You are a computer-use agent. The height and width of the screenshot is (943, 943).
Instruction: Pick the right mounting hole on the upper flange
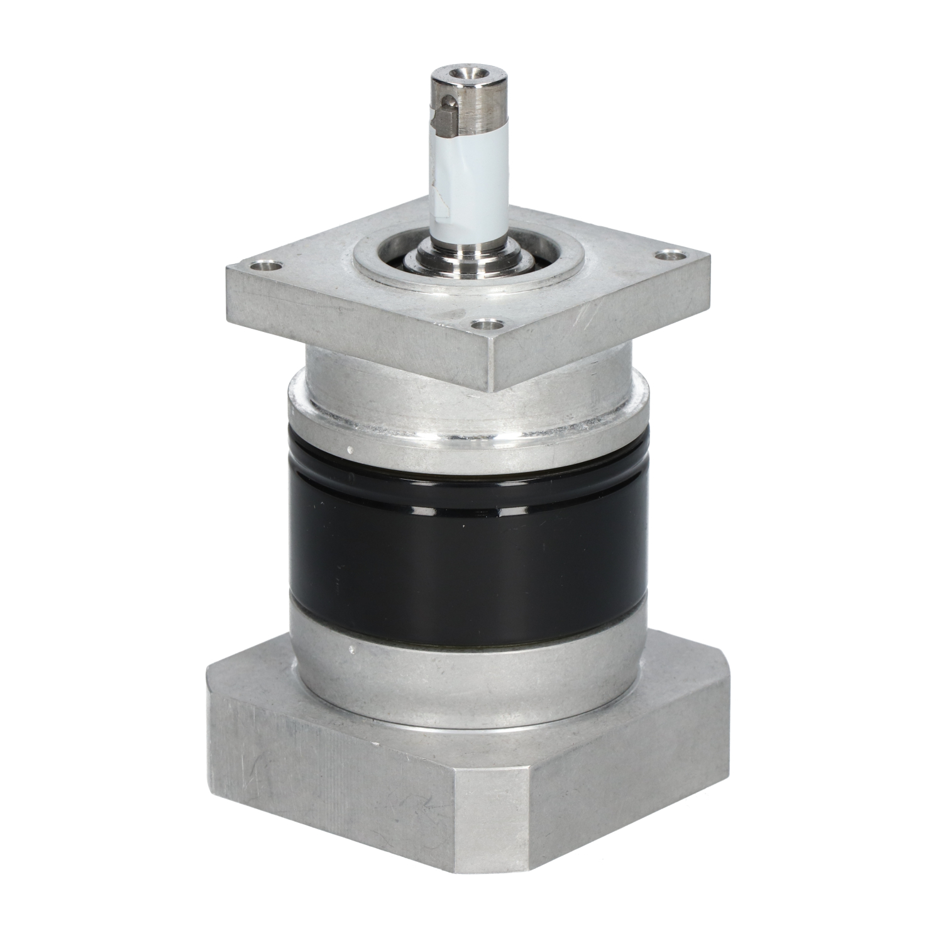(670, 256)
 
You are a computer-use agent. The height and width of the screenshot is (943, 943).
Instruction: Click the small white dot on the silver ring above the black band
(348, 450)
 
